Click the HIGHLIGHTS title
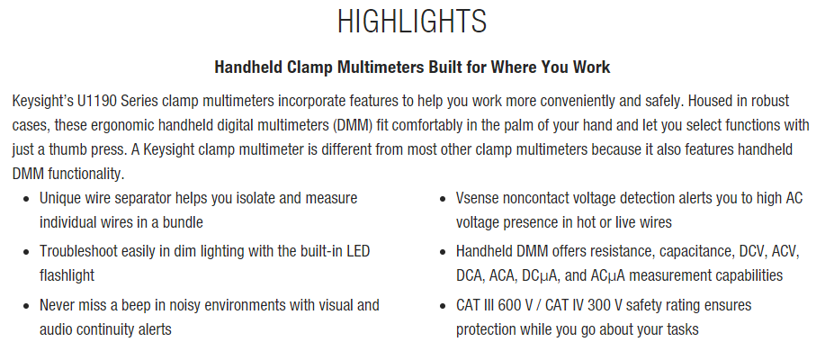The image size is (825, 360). pos(412,21)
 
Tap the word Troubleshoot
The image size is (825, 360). pos(79,251)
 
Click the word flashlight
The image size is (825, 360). pos(67,274)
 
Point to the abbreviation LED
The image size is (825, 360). pos(358,251)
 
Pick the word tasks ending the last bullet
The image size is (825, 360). pos(683,329)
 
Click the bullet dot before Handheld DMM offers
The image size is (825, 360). pos(443,252)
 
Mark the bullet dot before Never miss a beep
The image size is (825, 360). pos(26,306)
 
